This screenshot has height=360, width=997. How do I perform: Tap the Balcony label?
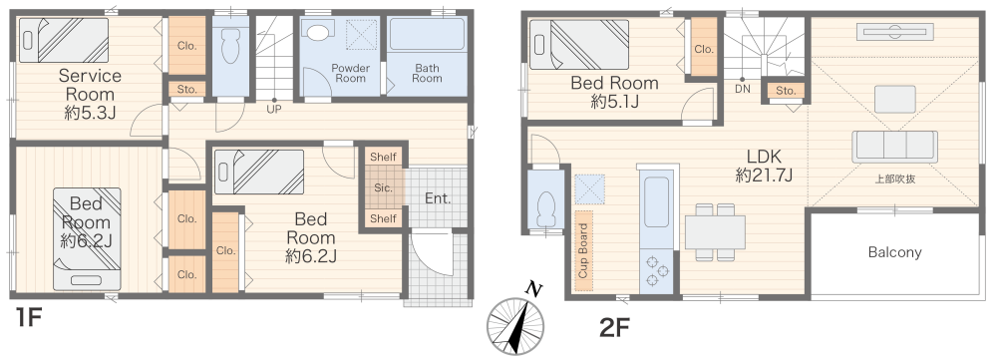click(894, 252)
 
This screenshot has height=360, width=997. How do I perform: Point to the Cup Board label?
click(583, 251)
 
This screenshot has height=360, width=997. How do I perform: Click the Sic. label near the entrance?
click(384, 188)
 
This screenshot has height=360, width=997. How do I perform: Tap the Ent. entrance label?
click(438, 198)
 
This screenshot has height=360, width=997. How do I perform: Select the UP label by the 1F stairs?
click(274, 109)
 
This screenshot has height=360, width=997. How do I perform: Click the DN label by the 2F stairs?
click(742, 89)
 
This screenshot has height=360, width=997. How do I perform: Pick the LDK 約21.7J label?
click(764, 166)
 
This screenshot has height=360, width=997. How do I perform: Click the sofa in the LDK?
click(894, 146)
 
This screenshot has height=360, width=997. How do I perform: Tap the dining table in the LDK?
click(715, 232)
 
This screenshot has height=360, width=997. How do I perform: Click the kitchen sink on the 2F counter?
click(656, 202)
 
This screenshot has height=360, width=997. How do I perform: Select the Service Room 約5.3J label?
click(90, 95)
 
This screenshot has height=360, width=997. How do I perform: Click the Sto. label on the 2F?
click(786, 91)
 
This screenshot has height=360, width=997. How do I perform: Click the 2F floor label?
click(614, 327)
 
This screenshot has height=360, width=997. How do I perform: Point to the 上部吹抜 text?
click(894, 179)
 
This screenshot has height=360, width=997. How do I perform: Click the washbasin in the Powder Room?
click(315, 29)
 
